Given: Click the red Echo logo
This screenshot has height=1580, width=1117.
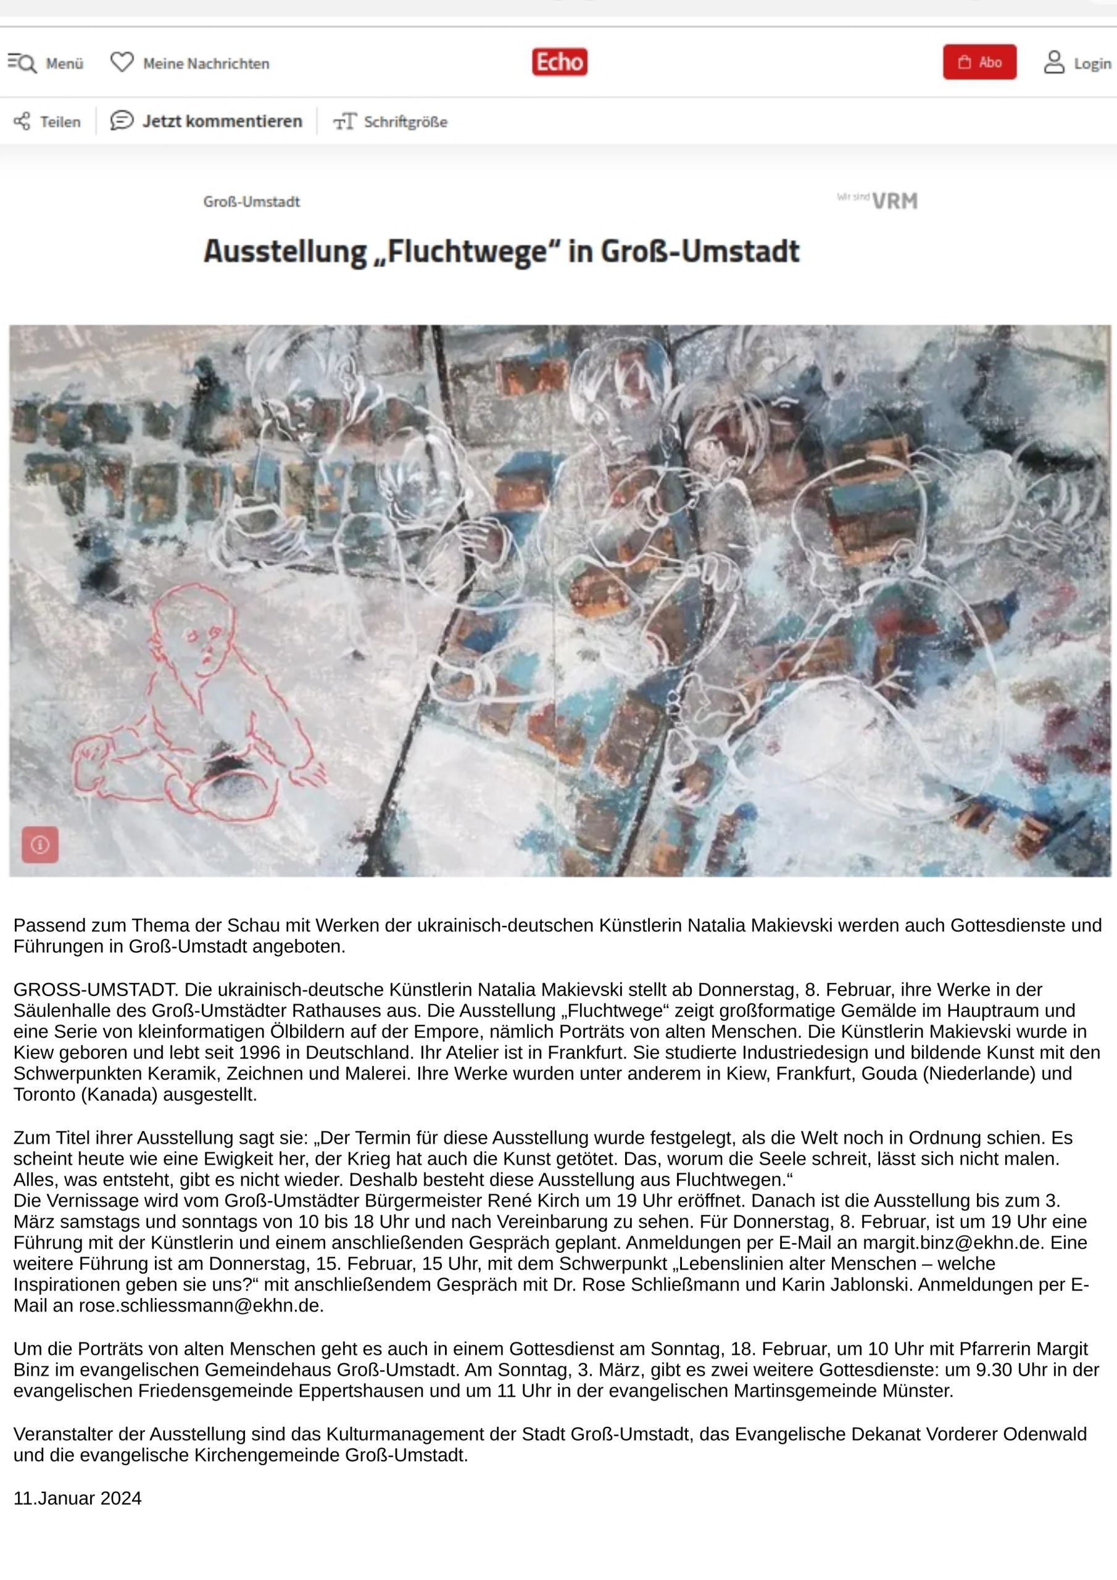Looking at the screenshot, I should (x=560, y=62).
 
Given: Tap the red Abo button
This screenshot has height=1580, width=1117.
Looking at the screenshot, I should (x=979, y=62).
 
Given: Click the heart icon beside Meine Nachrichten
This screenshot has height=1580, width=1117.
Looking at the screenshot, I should (x=122, y=62).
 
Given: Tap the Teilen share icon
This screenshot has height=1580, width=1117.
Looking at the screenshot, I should (x=22, y=122).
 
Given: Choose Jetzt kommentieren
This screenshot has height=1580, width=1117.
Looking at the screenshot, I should (x=207, y=121).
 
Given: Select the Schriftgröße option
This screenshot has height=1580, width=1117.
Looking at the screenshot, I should (x=390, y=122).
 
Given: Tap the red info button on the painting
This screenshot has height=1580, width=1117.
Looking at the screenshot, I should (x=40, y=844).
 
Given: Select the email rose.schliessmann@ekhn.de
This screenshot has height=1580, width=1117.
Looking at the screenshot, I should (x=199, y=1305).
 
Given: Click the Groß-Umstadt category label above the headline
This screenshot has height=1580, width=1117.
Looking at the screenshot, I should (x=251, y=202).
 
